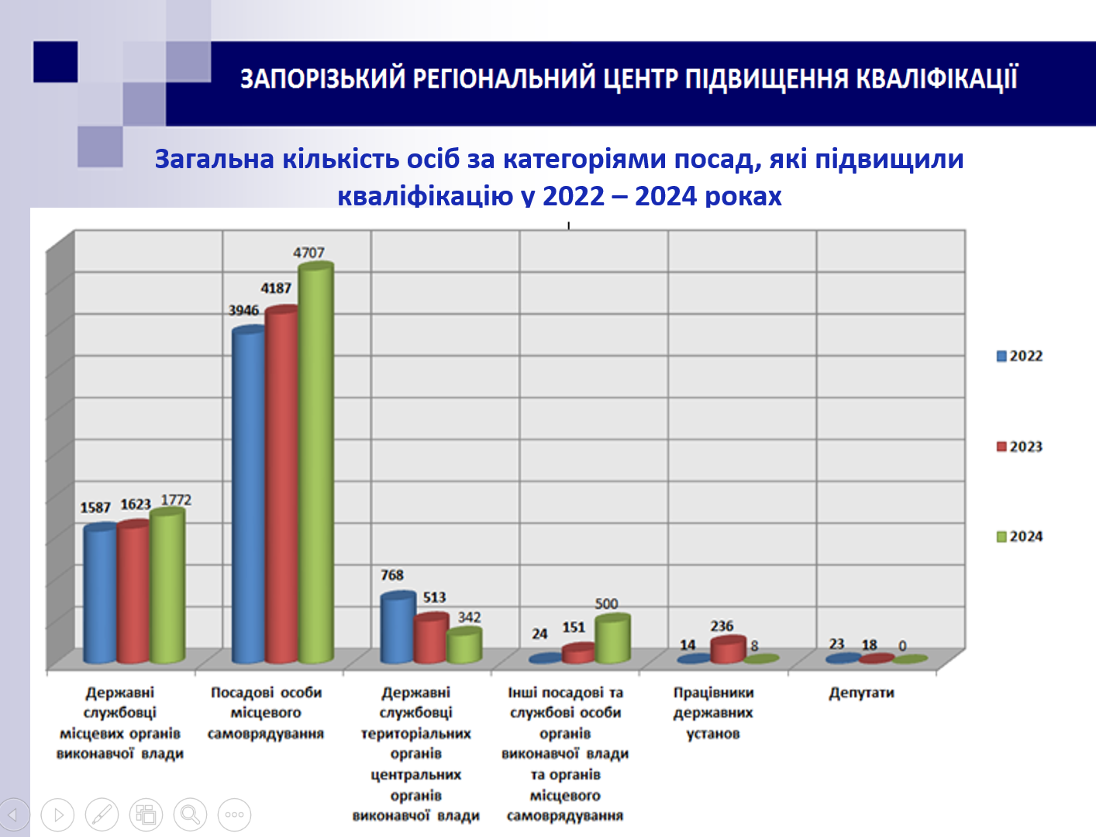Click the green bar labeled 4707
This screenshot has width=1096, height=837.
pos(316,465)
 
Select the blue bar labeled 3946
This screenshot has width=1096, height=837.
pos(249,496)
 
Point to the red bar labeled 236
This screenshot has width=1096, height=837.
pos(727,650)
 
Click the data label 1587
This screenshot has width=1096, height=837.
pos(95,508)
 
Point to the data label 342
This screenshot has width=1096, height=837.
pos(469,617)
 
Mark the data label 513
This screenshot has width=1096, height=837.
pos(434,598)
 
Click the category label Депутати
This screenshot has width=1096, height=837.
pos(861,693)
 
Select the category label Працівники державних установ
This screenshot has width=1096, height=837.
pos(713,713)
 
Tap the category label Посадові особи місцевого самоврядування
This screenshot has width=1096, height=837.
pos(266,713)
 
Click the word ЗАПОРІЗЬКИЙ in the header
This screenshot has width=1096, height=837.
pos(322,79)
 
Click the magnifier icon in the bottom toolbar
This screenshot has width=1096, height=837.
pos(190,815)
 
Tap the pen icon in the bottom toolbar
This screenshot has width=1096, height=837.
pos(102,815)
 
